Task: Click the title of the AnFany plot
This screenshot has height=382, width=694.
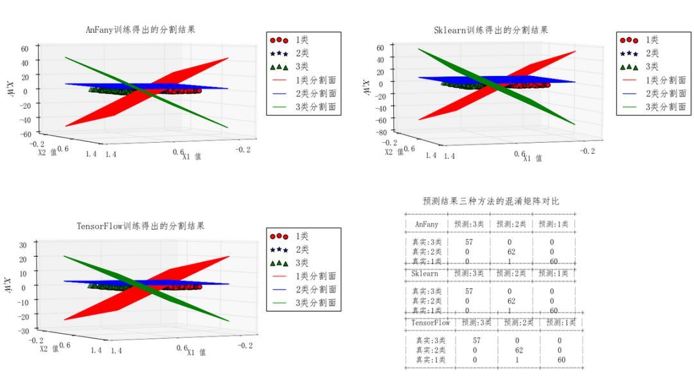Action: click(141, 30)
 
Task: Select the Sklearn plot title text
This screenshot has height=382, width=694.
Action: click(492, 30)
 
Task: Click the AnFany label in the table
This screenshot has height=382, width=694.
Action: click(427, 224)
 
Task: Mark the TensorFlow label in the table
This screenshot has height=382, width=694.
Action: click(431, 322)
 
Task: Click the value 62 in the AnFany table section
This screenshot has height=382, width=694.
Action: click(510, 252)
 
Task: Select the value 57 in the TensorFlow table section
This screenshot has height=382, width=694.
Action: click(476, 340)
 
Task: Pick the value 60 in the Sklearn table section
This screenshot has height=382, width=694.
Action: click(553, 311)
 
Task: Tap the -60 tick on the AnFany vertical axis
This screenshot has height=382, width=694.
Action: click(26, 134)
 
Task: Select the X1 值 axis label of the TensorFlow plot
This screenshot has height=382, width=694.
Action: click(195, 352)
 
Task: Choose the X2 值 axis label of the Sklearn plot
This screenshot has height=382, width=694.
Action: click(394, 152)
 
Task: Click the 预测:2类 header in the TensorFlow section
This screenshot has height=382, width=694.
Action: click(517, 322)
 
